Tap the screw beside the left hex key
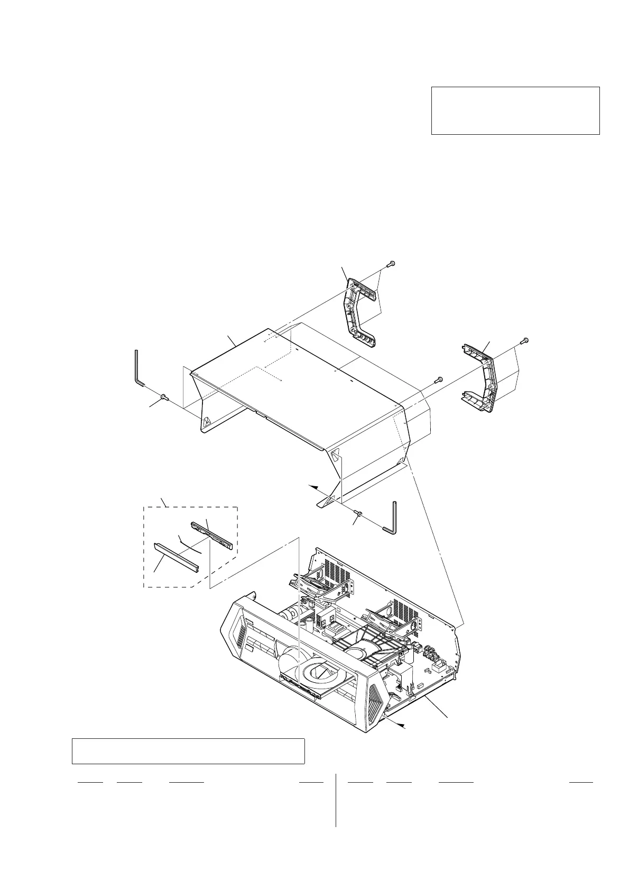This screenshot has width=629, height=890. pos(164,397)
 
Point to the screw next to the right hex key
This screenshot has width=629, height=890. pos(359,514)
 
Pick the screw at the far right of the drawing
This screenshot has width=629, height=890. pos(525,340)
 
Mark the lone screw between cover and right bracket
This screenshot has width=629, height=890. pos(439,379)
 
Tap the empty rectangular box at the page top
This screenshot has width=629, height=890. pos(515,110)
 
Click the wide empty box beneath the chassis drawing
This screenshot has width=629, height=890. pos(188,751)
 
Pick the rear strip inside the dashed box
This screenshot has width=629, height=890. pos(211,534)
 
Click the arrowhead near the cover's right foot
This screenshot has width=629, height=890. pos(313,485)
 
